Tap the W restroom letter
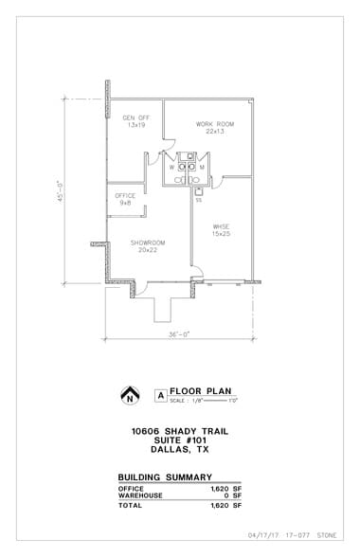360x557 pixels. click(x=171, y=168)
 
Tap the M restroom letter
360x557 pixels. click(x=202, y=168)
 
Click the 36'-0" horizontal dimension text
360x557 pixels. click(x=180, y=335)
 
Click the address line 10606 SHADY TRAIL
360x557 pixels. click(x=180, y=431)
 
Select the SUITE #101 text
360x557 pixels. click(x=180, y=440)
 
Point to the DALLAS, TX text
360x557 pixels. click(x=180, y=450)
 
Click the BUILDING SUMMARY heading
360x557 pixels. click(x=164, y=477)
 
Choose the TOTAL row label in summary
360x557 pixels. click(x=130, y=506)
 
